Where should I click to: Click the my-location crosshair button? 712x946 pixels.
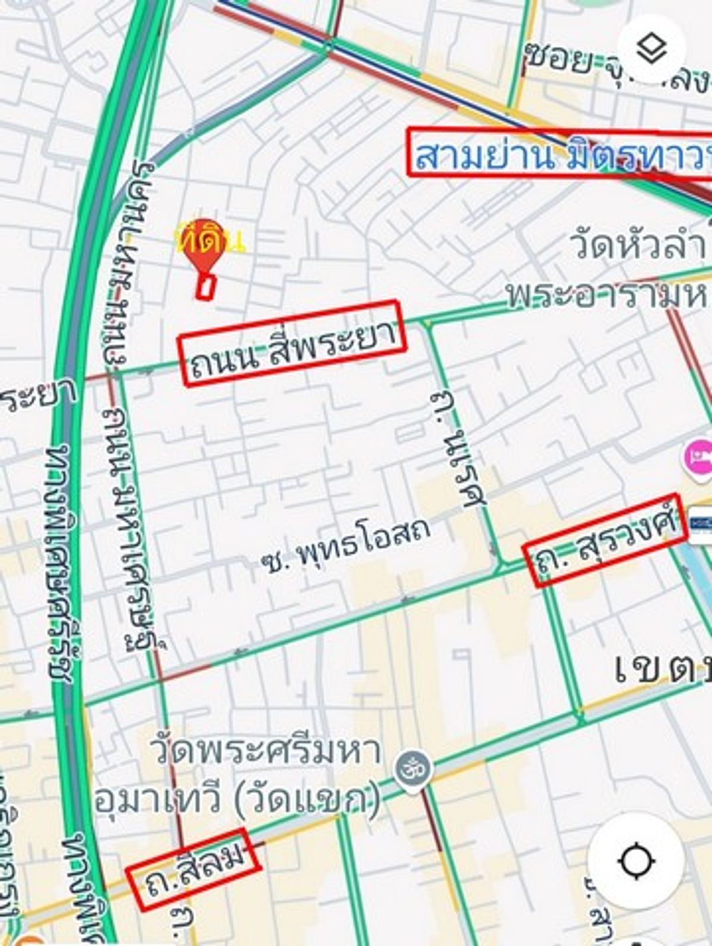point(636,860)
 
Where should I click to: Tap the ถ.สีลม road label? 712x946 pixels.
point(193,868)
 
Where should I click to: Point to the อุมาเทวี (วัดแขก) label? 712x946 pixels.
point(237,800)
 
